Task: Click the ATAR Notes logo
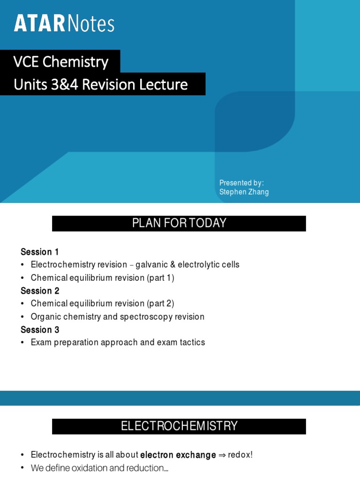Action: pyautogui.click(x=64, y=23)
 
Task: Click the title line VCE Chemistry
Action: pyautogui.click(x=61, y=61)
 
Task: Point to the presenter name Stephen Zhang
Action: pyautogui.click(x=244, y=192)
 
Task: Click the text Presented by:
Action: pyautogui.click(x=241, y=182)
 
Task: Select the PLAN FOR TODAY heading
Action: pyautogui.click(x=179, y=223)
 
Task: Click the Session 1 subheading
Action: pyautogui.click(x=40, y=252)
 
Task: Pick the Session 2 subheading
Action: pyautogui.click(x=40, y=291)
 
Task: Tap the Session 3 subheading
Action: pyautogui.click(x=40, y=330)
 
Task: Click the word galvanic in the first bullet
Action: pyautogui.click(x=151, y=265)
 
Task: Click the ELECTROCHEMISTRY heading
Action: pyautogui.click(x=179, y=426)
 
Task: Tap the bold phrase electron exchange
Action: pyautogui.click(x=178, y=455)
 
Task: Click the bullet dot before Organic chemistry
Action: pyautogui.click(x=22, y=317)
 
